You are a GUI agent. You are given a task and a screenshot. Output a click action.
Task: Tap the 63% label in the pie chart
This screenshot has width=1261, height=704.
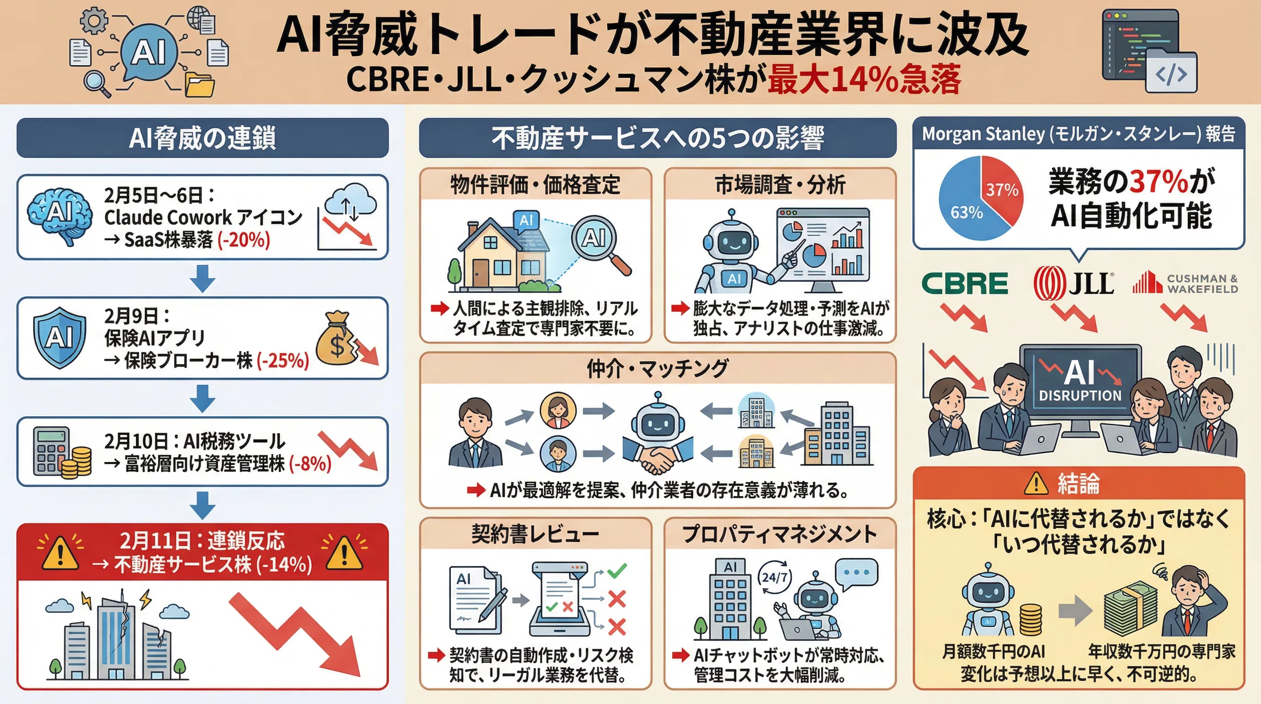966,213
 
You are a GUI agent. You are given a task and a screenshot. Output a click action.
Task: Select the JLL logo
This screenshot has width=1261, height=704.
1075,283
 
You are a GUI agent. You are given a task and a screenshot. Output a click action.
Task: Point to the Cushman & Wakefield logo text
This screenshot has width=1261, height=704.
1202,284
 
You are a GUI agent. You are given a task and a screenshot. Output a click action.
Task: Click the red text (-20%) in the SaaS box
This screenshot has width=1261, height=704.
243,240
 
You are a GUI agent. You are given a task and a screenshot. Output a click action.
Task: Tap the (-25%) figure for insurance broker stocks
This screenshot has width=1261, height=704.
282,361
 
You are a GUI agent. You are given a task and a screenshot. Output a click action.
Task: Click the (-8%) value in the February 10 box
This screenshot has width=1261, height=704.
309,463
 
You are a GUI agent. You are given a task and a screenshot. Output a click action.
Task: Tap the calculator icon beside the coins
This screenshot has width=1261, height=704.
50,451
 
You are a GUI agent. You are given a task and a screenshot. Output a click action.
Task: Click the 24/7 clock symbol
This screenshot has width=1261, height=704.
774,577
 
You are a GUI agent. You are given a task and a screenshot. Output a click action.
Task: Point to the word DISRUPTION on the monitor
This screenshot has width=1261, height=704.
1080,396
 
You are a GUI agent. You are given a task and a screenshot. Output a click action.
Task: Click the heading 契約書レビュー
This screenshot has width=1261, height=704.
535,533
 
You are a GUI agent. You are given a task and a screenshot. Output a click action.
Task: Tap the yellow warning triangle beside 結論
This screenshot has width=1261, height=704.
1036,484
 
